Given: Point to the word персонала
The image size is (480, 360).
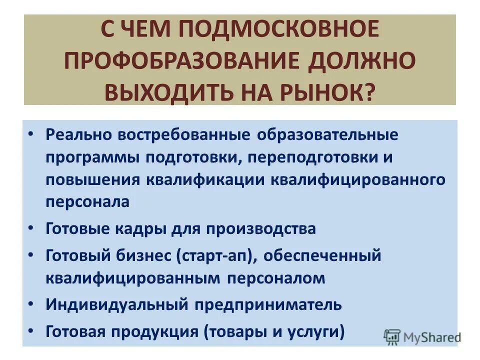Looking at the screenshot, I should [88, 201].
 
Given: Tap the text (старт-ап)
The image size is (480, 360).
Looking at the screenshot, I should [216, 256].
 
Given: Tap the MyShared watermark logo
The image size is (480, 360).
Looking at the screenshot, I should [422, 337].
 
